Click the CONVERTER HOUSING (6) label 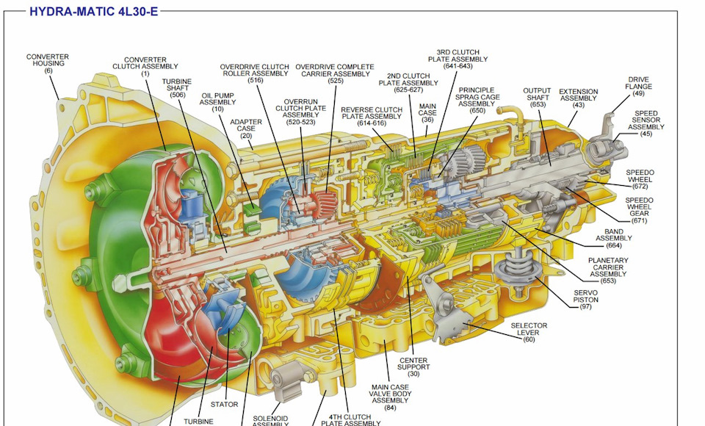(x=48, y=63)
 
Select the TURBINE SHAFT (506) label (x=177, y=88)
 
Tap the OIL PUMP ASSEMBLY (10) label (x=217, y=102)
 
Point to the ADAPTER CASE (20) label (x=246, y=129)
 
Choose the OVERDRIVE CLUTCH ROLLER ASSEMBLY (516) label (x=255, y=73)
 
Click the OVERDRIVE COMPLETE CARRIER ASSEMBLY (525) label (x=336, y=73)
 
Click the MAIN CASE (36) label (x=427, y=113)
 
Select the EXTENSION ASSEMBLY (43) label (x=579, y=98)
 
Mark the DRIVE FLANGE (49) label (x=638, y=86)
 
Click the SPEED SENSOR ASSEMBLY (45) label (x=646, y=124)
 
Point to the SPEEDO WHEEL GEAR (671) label (x=639, y=210)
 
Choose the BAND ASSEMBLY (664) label (x=609, y=239)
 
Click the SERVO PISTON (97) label (x=585, y=299)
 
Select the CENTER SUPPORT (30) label (x=413, y=367)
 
